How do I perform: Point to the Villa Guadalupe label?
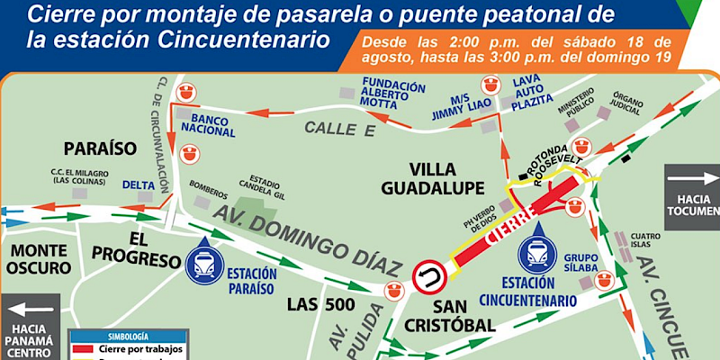[446, 178]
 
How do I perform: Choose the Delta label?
[138, 185]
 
